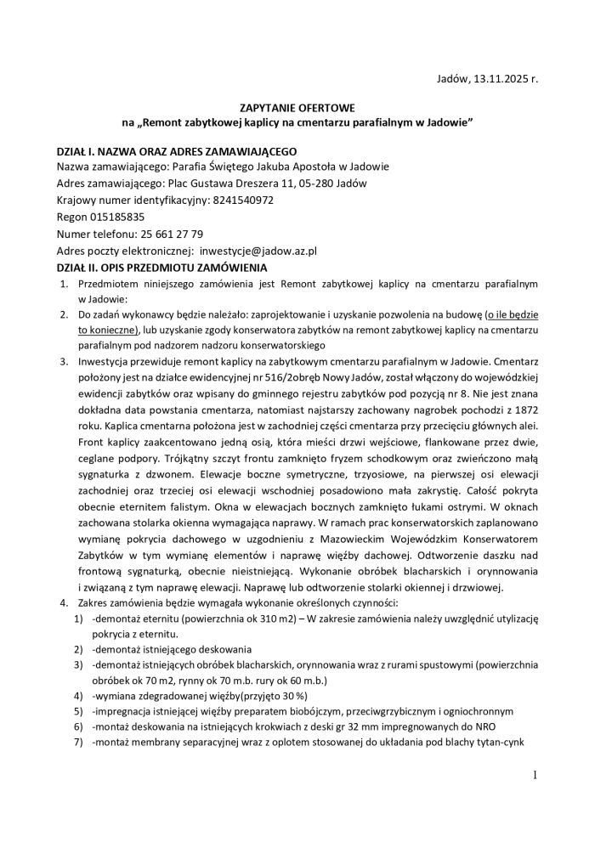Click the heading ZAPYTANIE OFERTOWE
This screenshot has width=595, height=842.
click(x=297, y=109)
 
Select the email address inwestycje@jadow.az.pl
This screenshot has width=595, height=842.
click(x=258, y=251)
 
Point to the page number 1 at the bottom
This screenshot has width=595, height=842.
click(x=536, y=774)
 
